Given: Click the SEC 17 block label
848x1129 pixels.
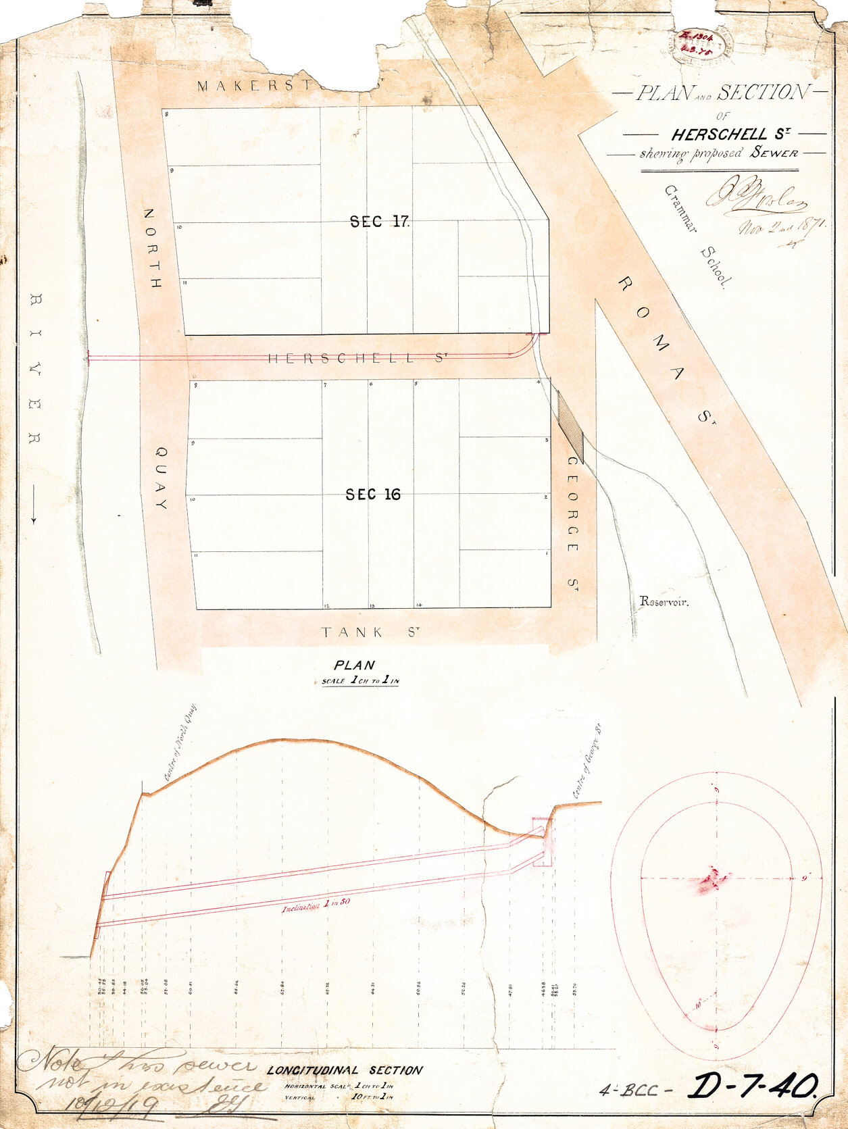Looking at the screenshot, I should pyautogui.click(x=379, y=221).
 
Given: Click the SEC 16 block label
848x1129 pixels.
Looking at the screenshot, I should pyautogui.click(x=372, y=495).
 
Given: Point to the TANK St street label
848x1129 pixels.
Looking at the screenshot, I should pyautogui.click(x=371, y=632).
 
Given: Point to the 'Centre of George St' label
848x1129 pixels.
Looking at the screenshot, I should pyautogui.click(x=587, y=761).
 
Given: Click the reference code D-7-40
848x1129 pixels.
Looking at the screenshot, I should pyautogui.click(x=751, y=1086).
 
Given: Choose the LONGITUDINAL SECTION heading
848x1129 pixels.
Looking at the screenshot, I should pyautogui.click(x=345, y=1070).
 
